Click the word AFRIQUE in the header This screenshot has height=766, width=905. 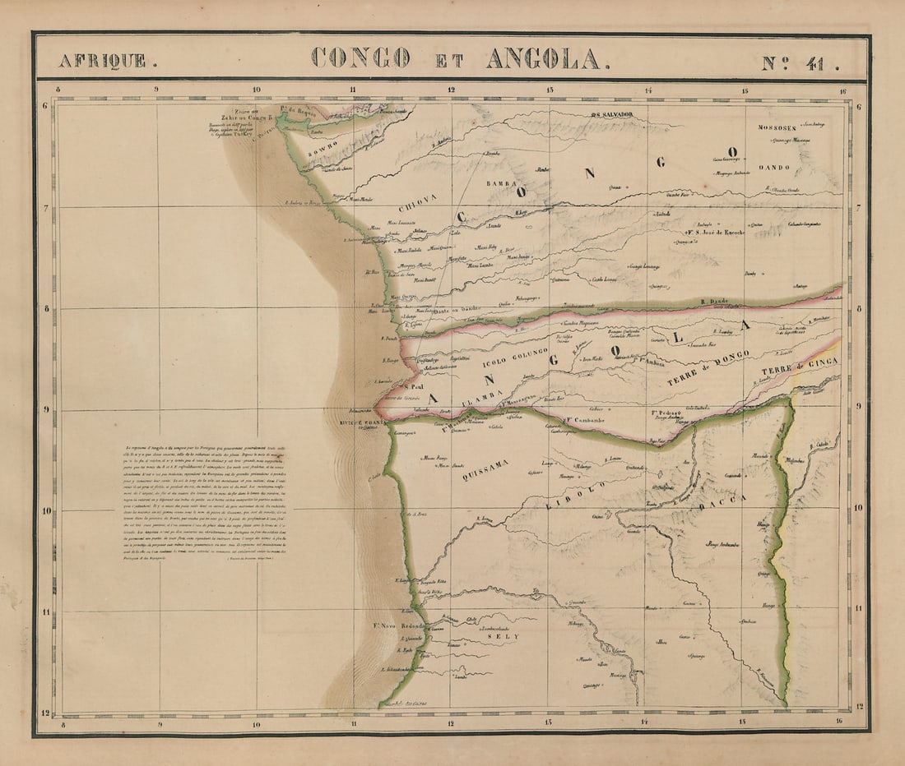(x=102, y=60)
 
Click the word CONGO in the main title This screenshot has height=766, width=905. (x=360, y=58)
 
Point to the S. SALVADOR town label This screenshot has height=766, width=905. (x=613, y=114)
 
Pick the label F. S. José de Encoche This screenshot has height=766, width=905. (x=714, y=233)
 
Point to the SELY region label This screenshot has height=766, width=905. (x=500, y=635)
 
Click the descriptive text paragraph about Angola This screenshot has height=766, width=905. (x=202, y=503)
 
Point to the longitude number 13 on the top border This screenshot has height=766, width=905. (x=549, y=90)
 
